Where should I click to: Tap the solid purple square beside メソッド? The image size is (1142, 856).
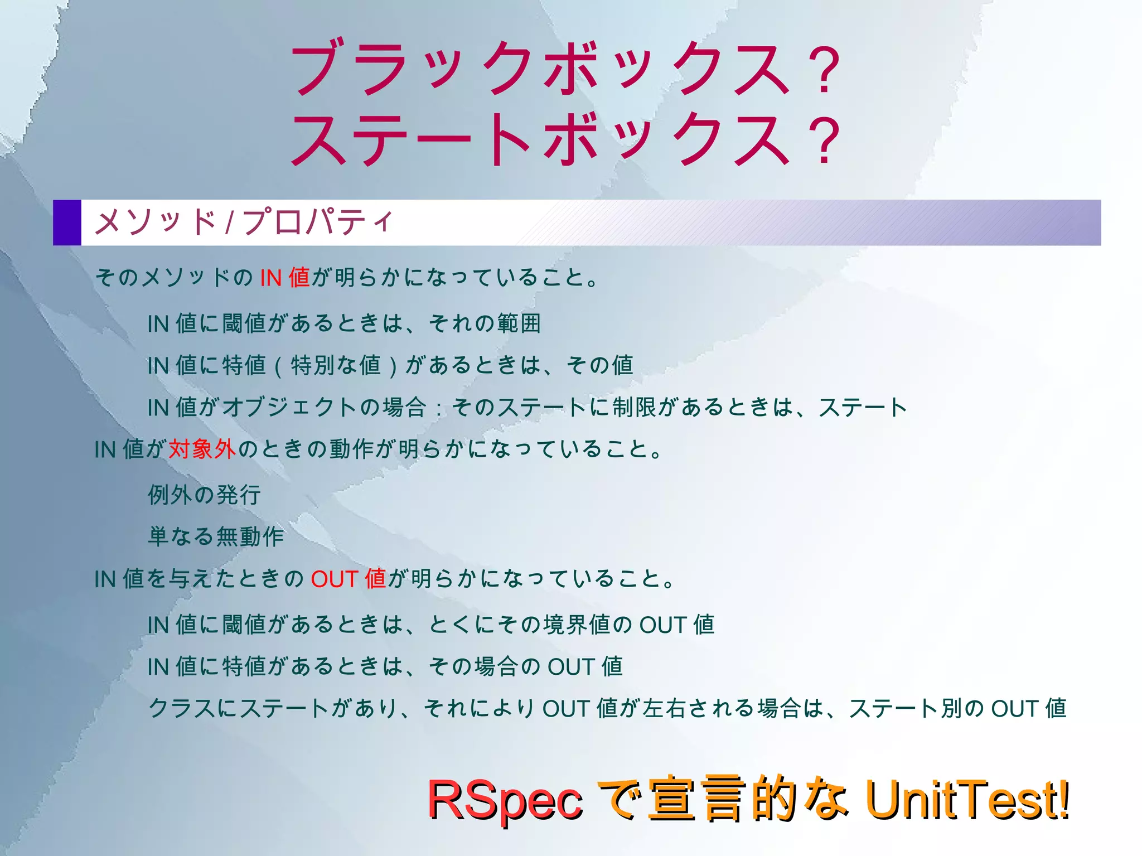(x=67, y=223)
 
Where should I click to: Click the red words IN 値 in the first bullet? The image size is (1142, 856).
(x=285, y=277)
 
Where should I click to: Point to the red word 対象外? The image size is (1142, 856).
(x=202, y=449)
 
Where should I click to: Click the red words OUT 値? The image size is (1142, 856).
(x=349, y=579)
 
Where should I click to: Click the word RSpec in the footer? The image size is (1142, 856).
(x=505, y=800)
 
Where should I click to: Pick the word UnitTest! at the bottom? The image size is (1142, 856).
(x=967, y=800)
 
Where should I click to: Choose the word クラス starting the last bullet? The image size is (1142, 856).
(x=182, y=709)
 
